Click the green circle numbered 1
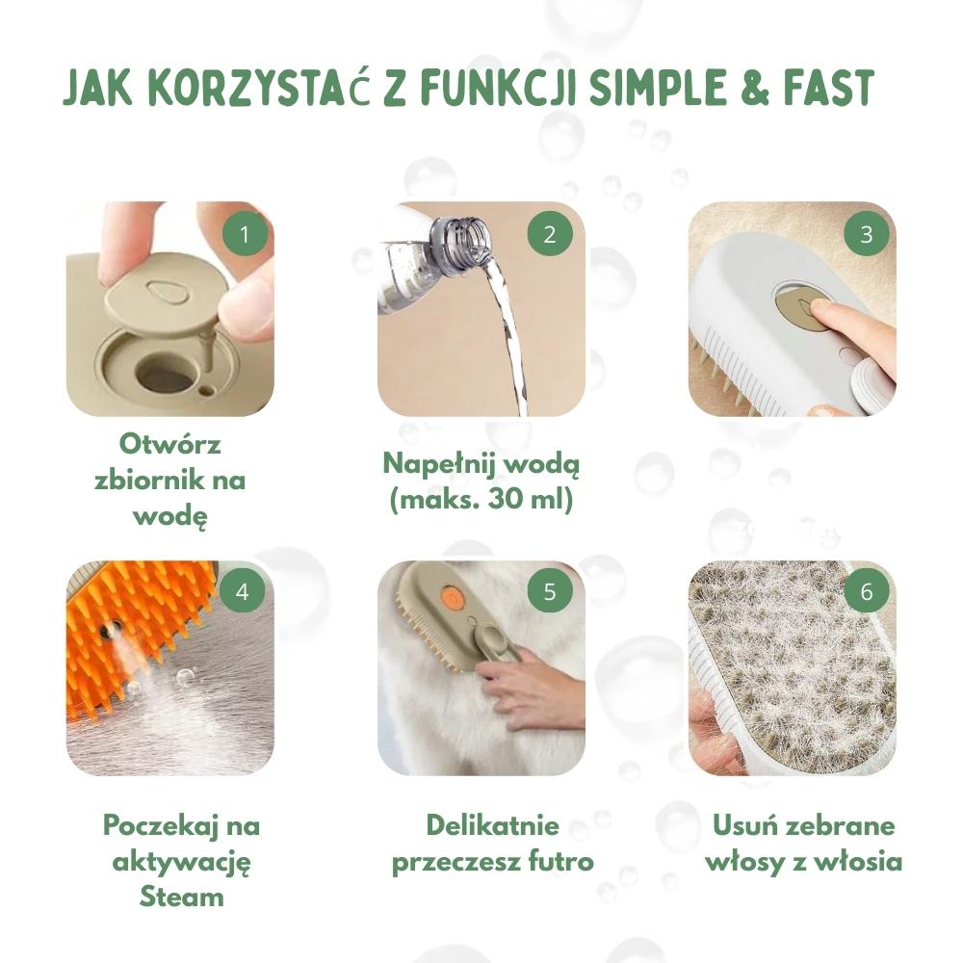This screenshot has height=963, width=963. [245, 234]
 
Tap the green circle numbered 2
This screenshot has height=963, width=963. [550, 234]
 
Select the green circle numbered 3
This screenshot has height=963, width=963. [866, 234]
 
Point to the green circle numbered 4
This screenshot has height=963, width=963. [242, 591]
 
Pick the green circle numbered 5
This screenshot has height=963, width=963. [550, 591]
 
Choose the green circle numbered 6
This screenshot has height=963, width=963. [866, 591]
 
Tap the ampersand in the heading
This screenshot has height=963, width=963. [754, 88]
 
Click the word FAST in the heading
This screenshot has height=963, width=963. [829, 88]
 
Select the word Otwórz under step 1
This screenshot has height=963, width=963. [170, 443]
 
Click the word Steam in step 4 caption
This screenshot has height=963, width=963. [181, 897]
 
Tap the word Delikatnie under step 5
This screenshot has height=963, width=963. [492, 825]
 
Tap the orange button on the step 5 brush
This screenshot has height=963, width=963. [450, 595]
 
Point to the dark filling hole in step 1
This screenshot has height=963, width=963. [164, 372]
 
